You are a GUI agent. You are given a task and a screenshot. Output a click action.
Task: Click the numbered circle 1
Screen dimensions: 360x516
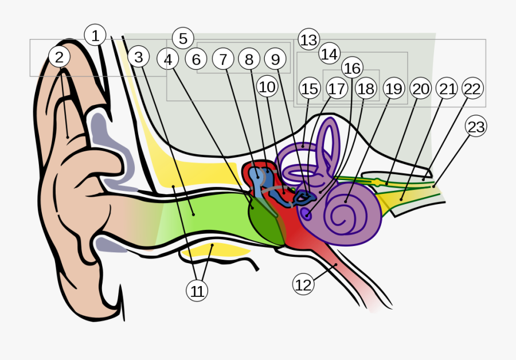point(95,36)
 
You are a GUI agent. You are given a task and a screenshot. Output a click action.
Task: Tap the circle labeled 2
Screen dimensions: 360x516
point(60,57)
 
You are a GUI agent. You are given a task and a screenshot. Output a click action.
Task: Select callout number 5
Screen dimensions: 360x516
point(183,38)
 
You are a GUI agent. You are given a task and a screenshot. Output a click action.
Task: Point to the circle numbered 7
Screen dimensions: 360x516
point(223,58)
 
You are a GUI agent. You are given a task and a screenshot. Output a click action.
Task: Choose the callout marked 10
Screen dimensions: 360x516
point(267,87)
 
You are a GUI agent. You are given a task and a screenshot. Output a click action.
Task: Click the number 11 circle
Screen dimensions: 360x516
point(197,291)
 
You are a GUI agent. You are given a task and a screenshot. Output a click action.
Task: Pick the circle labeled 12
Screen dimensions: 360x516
point(304,284)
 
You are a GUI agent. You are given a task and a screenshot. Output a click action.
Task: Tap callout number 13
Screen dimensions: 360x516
point(308,40)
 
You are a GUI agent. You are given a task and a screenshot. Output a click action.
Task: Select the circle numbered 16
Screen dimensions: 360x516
point(352,68)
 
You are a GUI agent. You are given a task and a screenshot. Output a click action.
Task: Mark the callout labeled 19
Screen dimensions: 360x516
point(393,89)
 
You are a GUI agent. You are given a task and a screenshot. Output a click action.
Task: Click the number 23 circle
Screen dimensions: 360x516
point(476,127)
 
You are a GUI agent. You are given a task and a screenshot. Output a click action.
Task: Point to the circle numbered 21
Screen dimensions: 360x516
point(447,89)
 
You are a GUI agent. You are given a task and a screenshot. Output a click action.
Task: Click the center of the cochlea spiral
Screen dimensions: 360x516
point(346,216)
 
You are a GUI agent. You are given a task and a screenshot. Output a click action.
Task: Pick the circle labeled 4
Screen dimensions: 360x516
point(168,59)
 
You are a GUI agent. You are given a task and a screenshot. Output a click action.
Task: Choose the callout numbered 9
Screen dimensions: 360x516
point(275,58)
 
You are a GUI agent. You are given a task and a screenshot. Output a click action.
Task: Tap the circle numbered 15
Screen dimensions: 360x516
point(309,89)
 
